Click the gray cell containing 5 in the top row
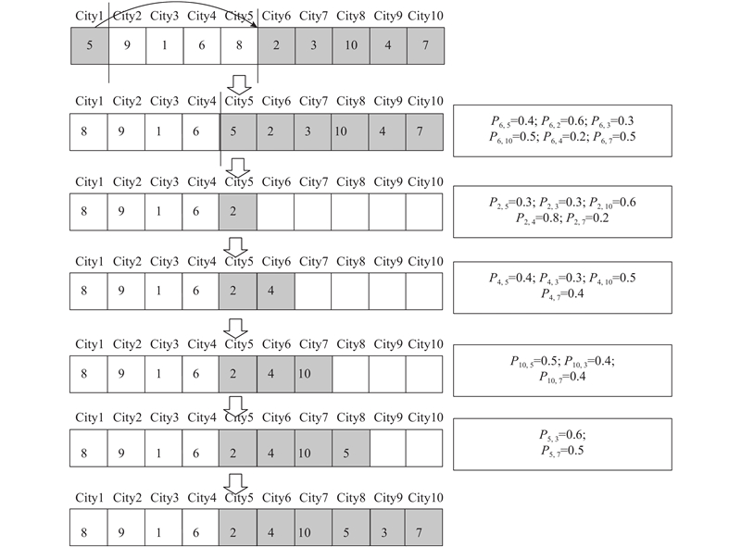(90, 45)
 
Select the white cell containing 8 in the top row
(239, 45)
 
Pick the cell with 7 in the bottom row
(424, 528)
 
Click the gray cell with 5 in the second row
(238, 131)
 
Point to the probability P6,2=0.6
(563, 121)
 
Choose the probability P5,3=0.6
(562, 435)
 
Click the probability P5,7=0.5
(562, 451)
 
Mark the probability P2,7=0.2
(587, 218)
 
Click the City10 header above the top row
(425, 16)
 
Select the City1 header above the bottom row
(89, 498)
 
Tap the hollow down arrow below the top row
(239, 85)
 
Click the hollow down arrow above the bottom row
(235, 484)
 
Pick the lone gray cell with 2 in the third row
(238, 212)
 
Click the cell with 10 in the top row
(351, 45)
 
